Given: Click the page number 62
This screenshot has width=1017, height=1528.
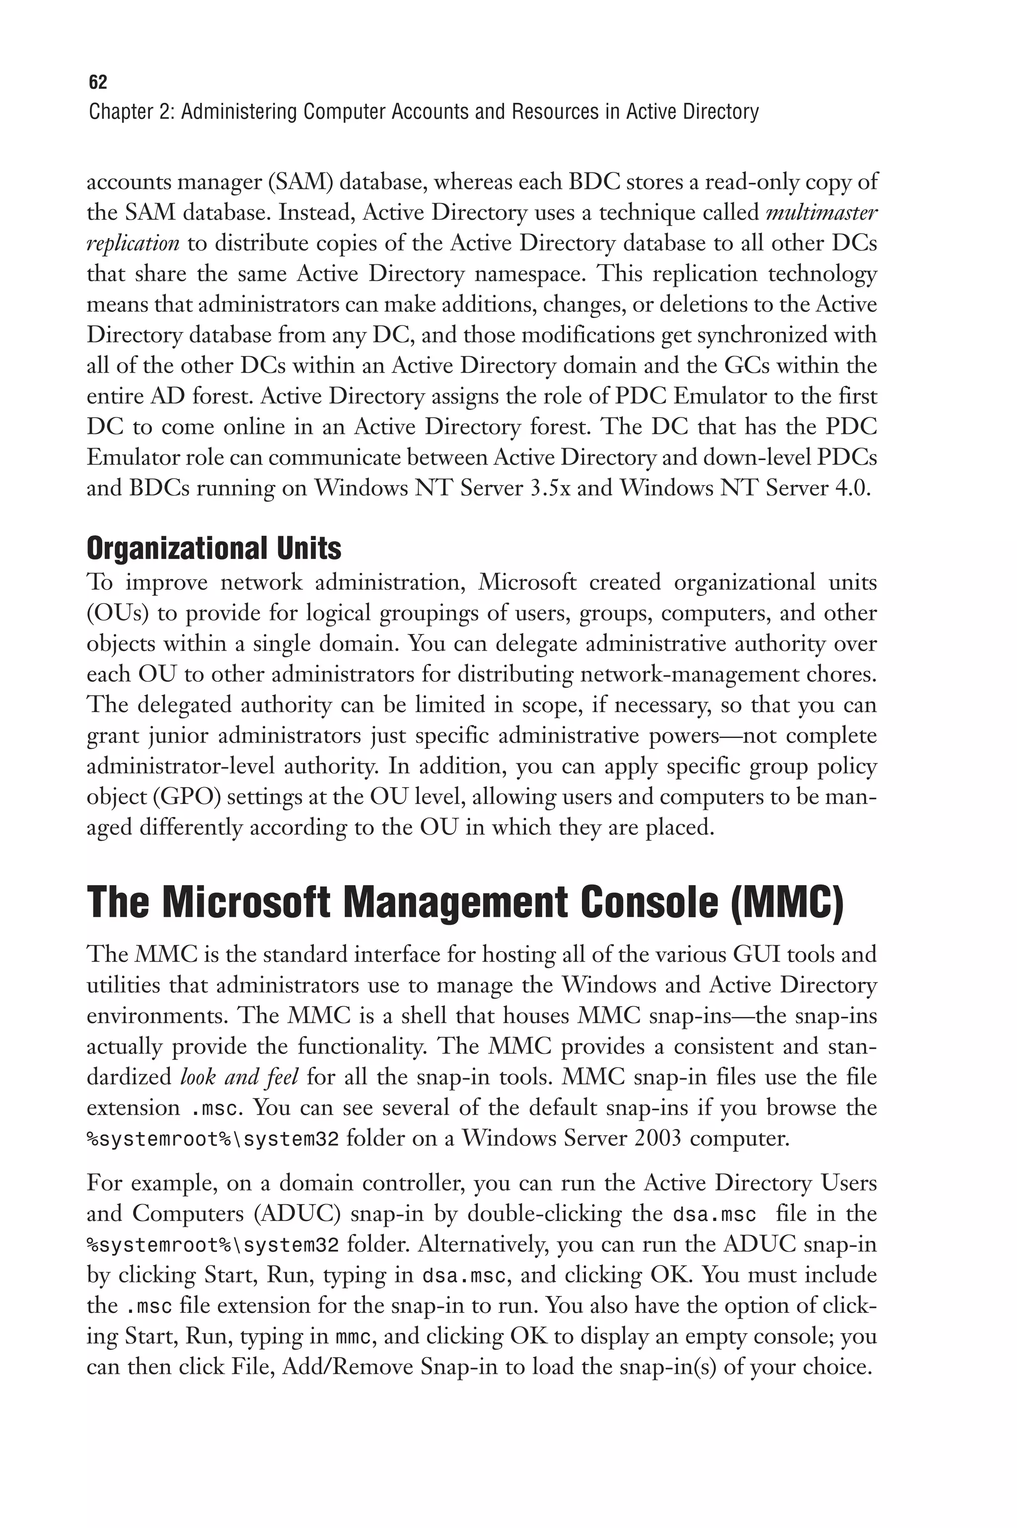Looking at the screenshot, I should (97, 82).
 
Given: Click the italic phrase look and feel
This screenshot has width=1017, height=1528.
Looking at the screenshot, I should (239, 1077).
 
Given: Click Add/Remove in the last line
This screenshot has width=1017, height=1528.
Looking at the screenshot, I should (348, 1367).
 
